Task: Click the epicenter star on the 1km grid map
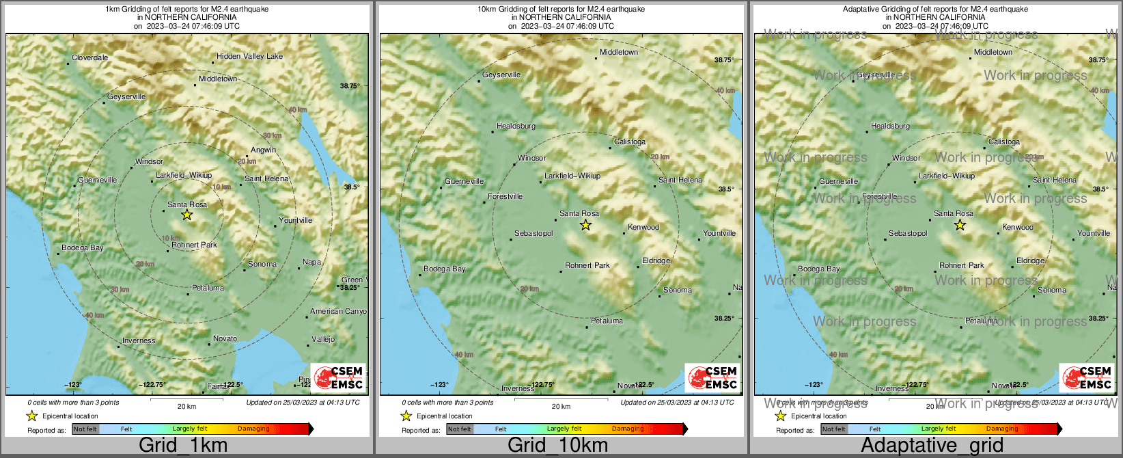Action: point(187,215)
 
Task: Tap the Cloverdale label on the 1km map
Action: point(90,58)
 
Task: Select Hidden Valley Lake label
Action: point(249,56)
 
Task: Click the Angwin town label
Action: point(263,150)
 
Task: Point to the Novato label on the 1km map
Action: point(225,338)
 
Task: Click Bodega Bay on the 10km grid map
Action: point(444,269)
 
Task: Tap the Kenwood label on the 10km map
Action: point(643,227)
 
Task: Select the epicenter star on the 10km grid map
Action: point(585,225)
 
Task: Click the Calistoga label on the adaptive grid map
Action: point(1003,142)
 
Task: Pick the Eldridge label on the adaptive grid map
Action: point(1030,260)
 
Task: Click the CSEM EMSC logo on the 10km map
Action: point(712,377)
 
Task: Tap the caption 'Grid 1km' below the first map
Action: point(183,446)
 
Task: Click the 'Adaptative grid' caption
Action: point(932,446)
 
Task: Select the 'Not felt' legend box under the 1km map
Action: point(85,429)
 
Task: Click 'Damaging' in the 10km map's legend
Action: point(627,429)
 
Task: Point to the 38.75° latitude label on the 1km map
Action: point(350,86)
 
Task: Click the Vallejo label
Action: point(323,339)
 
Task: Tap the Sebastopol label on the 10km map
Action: point(533,234)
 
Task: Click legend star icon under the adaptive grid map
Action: point(780,416)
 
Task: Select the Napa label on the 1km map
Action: point(311,262)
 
